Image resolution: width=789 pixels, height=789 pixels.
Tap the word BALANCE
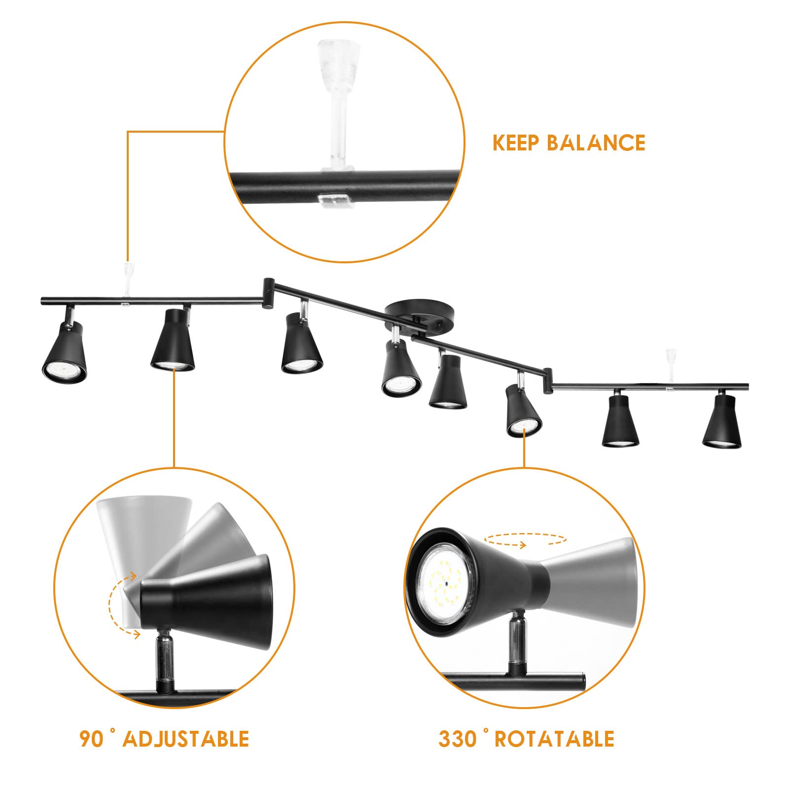(596, 143)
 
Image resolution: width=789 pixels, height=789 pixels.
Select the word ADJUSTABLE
(186, 739)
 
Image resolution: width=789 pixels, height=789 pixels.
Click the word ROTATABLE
(555, 739)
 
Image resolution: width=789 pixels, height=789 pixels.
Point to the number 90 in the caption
(92, 739)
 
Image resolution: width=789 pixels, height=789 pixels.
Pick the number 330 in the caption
(457, 739)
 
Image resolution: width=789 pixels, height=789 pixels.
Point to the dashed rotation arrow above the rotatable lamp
(525, 539)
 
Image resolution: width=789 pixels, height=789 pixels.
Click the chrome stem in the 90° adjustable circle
(165, 660)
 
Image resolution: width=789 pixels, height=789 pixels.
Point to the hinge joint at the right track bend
(547, 380)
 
